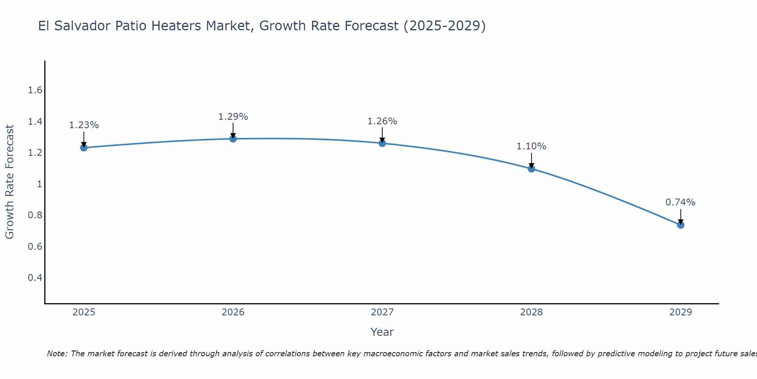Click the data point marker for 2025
point(84,147)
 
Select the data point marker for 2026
point(233,139)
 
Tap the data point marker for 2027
point(382,143)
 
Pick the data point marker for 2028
point(531,169)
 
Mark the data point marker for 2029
point(681,225)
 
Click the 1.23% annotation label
point(84,125)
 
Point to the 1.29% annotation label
point(233,117)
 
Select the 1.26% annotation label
point(382,121)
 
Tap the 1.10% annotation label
point(531,146)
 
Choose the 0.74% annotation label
point(681,202)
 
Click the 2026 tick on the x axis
point(233,312)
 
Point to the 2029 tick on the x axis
point(681,312)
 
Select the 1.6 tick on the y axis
point(35,90)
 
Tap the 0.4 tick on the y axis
point(35,278)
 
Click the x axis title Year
point(382,332)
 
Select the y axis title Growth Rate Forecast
point(9,182)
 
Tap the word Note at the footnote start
point(57,354)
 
